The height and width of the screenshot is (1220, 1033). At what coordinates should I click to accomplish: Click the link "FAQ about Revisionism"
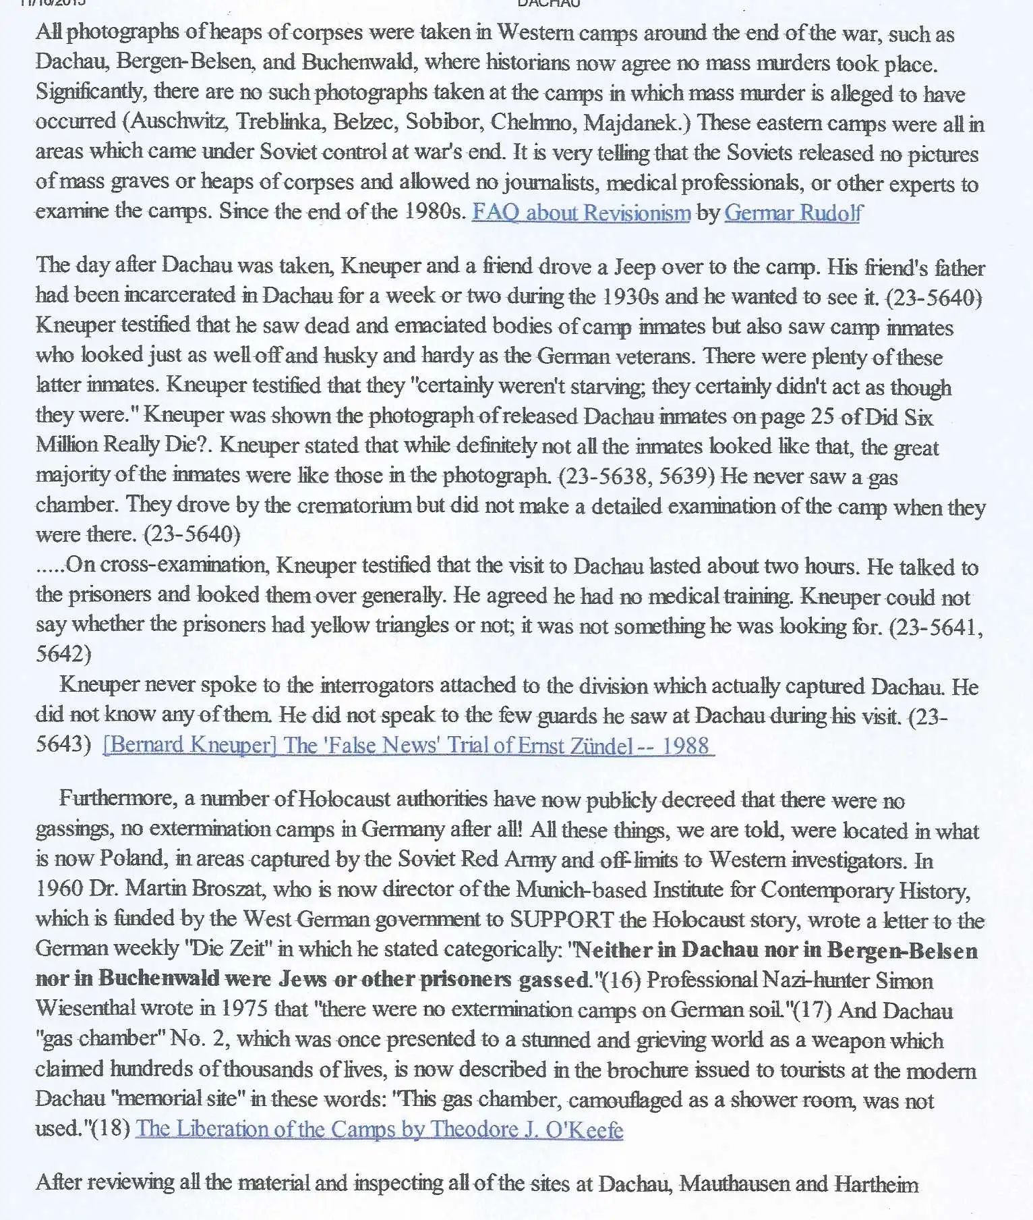tap(581, 213)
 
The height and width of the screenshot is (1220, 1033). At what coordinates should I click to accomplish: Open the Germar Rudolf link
tap(793, 213)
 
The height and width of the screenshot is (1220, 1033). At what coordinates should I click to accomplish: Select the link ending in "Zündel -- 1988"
tap(409, 746)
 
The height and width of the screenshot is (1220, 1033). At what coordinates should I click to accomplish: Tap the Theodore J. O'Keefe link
tap(379, 1129)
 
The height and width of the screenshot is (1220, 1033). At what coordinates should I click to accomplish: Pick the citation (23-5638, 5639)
tap(636, 476)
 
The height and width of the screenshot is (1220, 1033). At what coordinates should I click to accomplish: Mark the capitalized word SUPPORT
tap(562, 920)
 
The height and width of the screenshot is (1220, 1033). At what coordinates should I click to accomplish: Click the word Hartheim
tap(876, 1184)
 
